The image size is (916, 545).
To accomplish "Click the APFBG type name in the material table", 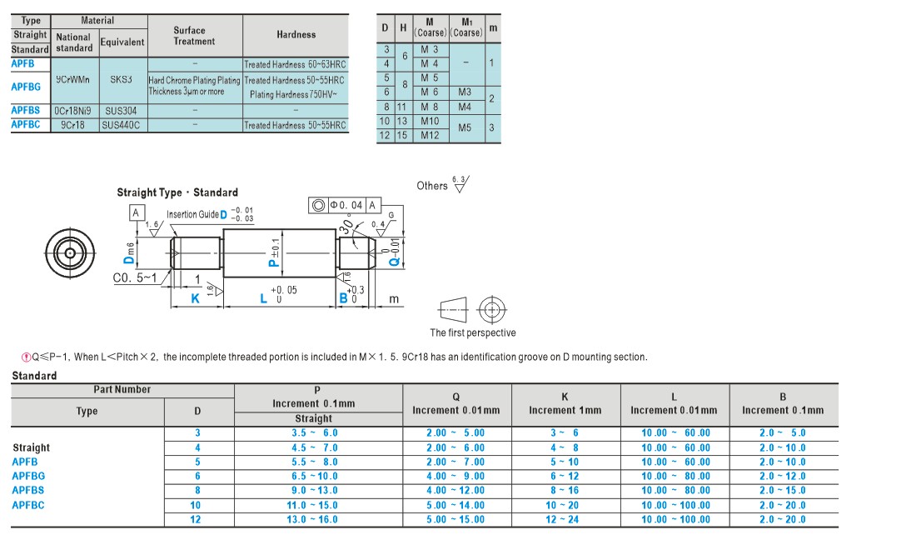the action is click(26, 87).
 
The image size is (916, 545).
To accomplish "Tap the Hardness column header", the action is click(296, 34).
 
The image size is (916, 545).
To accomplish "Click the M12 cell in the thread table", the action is click(430, 135).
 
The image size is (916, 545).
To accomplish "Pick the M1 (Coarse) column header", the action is click(467, 27).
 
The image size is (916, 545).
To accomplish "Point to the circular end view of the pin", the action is click(70, 253).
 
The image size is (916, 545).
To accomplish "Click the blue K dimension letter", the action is click(195, 298).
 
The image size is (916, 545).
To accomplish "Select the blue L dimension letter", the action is click(263, 298).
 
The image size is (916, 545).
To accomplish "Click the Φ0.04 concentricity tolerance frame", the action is click(345, 205).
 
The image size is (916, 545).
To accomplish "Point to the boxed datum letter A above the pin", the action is click(136, 212).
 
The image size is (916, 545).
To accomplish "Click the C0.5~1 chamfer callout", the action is click(135, 277).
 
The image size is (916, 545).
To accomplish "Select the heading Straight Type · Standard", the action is click(177, 192).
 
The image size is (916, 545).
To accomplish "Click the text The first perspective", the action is click(473, 332).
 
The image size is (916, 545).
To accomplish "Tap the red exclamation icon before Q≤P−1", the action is click(27, 357).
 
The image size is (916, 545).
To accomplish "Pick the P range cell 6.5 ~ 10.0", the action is click(314, 476).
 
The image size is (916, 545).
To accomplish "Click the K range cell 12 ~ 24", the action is click(562, 519).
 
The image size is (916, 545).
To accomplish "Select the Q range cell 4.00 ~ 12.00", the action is click(455, 491).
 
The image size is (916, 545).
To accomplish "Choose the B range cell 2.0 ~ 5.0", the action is click(782, 433).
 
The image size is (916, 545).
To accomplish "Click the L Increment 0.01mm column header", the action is click(674, 404).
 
